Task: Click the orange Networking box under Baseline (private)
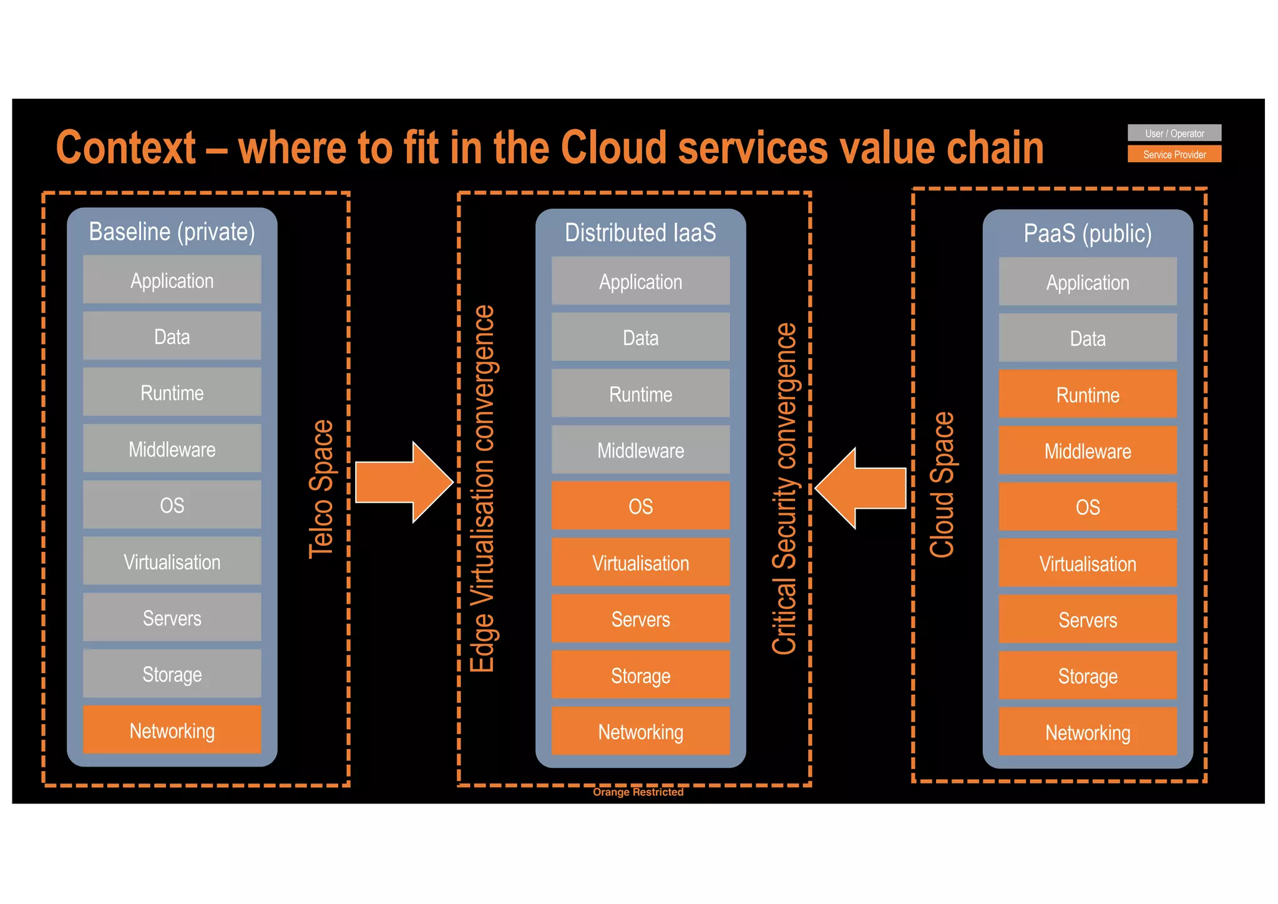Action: [172, 730]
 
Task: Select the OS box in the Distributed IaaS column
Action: [640, 506]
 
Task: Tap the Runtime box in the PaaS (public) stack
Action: [1087, 395]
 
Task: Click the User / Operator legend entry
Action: [1174, 133]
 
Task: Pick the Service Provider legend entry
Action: [1174, 154]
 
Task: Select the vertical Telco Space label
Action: [321, 489]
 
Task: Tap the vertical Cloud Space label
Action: [942, 484]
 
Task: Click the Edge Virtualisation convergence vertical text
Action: [482, 489]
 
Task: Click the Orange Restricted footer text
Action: [638, 792]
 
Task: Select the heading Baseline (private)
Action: [172, 232]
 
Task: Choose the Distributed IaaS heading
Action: [640, 233]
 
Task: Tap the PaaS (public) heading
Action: [1087, 233]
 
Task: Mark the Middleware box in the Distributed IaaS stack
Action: [640, 450]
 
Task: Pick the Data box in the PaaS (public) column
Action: [1087, 338]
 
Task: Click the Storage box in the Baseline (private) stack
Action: [172, 674]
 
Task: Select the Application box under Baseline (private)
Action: [172, 280]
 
